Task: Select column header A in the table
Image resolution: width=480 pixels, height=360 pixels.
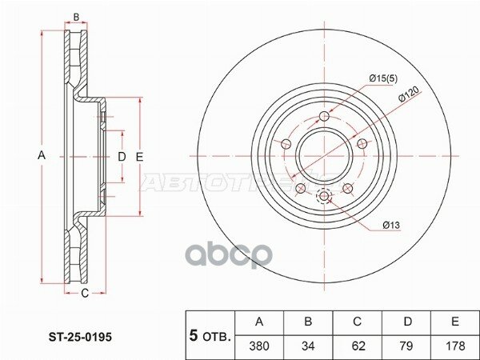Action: [x=258, y=322]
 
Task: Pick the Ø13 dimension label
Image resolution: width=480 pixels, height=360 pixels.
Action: [x=390, y=226]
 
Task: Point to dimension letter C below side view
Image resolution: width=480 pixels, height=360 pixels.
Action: [x=83, y=294]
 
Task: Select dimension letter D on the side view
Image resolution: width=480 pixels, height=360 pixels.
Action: [x=122, y=156]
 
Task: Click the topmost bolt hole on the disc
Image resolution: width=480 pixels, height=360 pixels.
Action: [x=324, y=118]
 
